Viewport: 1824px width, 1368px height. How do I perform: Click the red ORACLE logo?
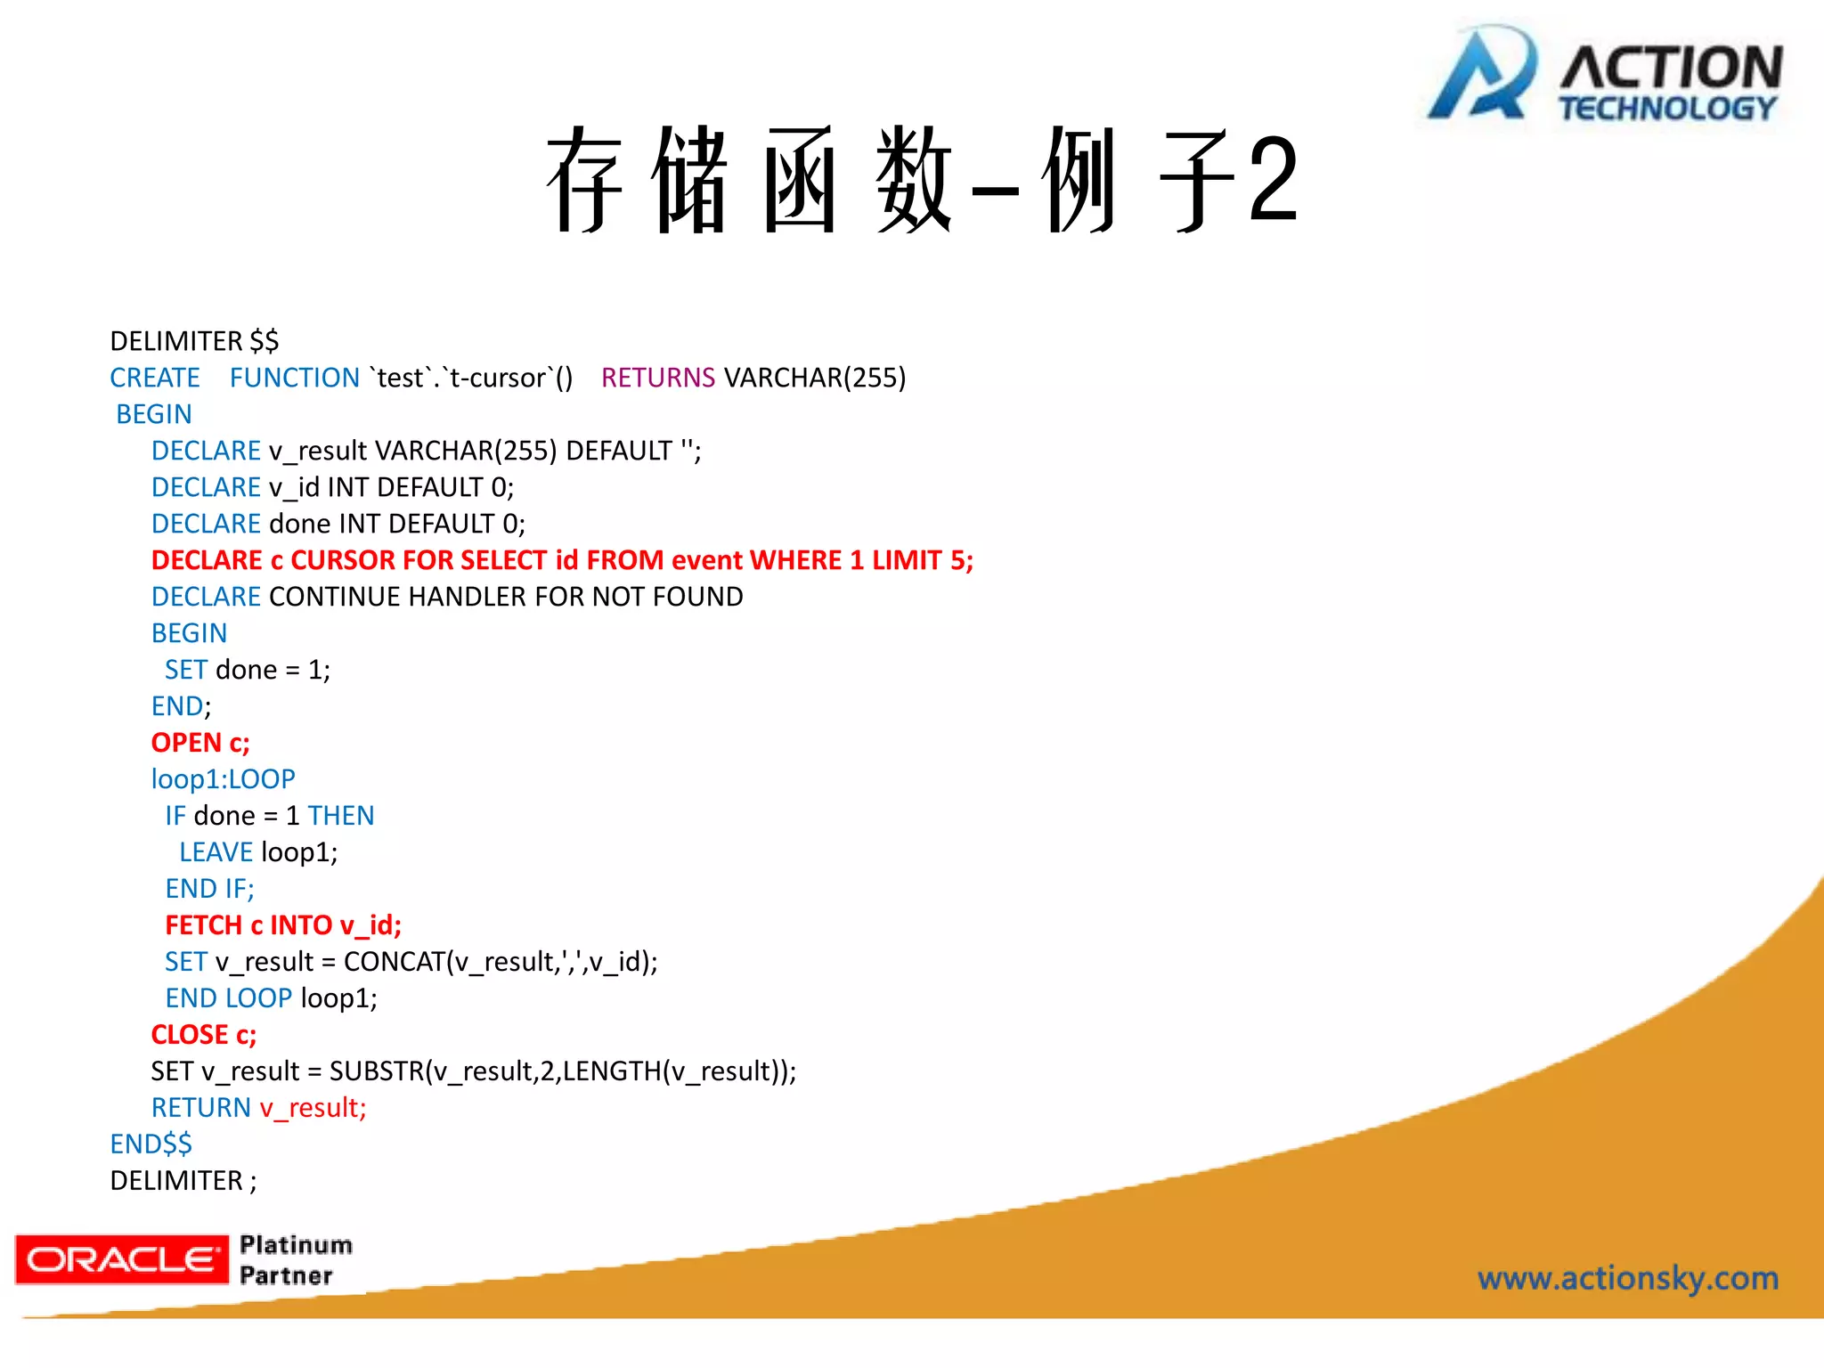pyautogui.click(x=122, y=1259)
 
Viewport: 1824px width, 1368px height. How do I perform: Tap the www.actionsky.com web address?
pyautogui.click(x=1628, y=1278)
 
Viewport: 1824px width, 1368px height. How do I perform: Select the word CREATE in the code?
pyautogui.click(x=155, y=378)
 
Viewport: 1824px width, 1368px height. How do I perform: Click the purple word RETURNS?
pyautogui.click(x=657, y=378)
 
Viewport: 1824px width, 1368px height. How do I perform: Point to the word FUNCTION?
pyautogui.click(x=294, y=378)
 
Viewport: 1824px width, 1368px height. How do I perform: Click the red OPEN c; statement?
pyautogui.click(x=200, y=743)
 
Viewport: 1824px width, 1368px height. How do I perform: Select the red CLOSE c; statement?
pyautogui.click(x=203, y=1035)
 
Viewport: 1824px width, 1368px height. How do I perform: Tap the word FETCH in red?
pyautogui.click(x=203, y=925)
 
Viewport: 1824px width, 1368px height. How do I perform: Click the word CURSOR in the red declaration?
pyautogui.click(x=343, y=560)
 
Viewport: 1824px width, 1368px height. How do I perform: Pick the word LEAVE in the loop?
pyautogui.click(x=216, y=852)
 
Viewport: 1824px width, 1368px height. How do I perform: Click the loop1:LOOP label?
pyautogui.click(x=223, y=779)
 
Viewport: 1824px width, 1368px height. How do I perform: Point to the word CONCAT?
pyautogui.click(x=394, y=962)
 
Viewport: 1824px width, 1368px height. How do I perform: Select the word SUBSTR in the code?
pyautogui.click(x=376, y=1071)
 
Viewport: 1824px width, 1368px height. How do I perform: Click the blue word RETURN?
pyautogui.click(x=200, y=1108)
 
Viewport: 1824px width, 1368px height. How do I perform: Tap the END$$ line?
pyautogui.click(x=151, y=1144)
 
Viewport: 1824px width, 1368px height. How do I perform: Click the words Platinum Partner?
pyautogui.click(x=295, y=1260)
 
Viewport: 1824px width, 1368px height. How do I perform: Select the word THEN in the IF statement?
pyautogui.click(x=340, y=816)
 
